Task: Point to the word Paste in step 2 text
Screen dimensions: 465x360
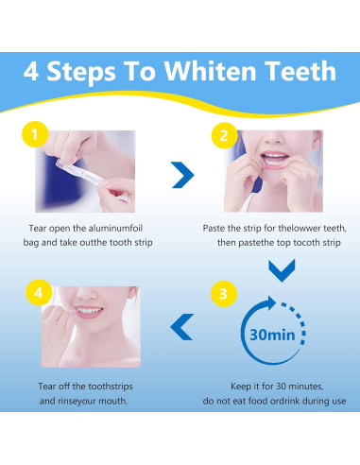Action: coord(217,228)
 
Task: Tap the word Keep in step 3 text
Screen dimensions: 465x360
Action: coord(243,386)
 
